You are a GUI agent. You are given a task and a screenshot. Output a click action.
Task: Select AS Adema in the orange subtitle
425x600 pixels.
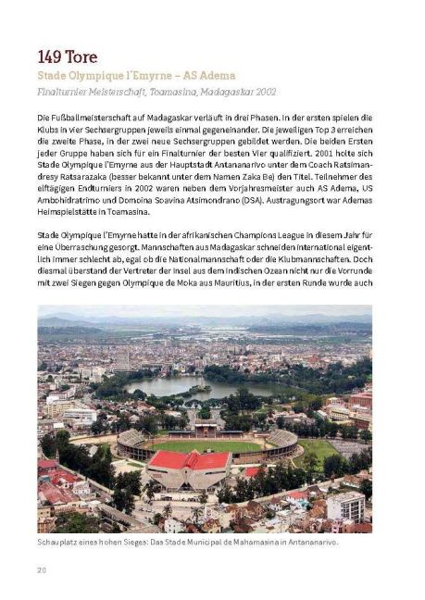click(x=210, y=74)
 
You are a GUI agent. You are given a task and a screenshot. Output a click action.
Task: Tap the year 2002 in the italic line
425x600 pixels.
click(x=263, y=93)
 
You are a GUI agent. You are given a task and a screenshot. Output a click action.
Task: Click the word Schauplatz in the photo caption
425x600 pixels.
click(x=59, y=543)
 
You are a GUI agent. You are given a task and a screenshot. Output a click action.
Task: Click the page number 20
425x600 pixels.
click(x=42, y=568)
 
